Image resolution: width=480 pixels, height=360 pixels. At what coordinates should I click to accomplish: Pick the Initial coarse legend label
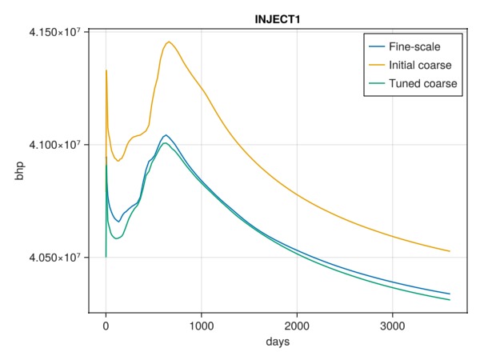420,65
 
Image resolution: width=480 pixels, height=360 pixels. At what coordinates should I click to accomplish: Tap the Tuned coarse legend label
422,83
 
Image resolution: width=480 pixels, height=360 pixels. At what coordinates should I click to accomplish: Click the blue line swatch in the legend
375,47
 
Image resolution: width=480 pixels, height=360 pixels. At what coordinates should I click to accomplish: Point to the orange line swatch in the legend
375,65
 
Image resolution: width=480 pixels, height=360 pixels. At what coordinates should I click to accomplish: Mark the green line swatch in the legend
375,83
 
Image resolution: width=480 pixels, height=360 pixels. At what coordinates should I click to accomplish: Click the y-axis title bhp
18,171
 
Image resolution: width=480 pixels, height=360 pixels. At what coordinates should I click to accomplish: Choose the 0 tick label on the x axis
106,326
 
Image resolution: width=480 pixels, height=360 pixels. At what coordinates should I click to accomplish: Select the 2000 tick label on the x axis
297,326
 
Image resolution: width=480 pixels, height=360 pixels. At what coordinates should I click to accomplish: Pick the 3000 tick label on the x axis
392,326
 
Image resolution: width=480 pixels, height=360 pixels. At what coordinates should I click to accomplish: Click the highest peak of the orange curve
169,42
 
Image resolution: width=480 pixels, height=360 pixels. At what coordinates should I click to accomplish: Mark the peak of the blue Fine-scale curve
166,135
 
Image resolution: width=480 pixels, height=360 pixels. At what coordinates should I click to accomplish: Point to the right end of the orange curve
450,251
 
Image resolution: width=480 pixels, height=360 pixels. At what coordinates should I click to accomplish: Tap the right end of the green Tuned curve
450,300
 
